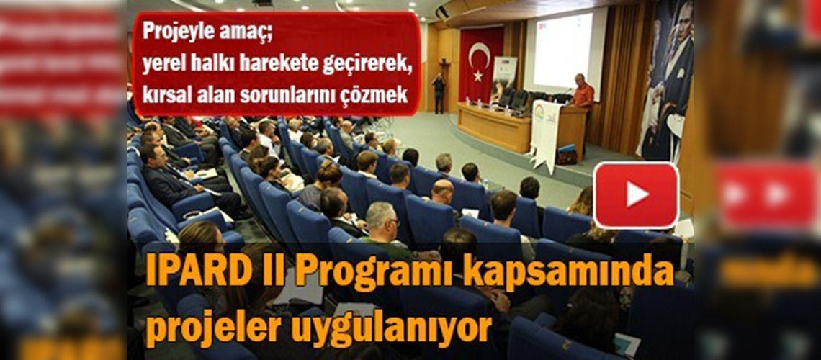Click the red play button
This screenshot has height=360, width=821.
pos(636,194)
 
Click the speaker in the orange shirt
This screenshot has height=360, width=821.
pos(582,93)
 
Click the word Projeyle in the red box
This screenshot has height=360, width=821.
pos(173,32)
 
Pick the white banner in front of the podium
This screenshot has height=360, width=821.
pos(545,133)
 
